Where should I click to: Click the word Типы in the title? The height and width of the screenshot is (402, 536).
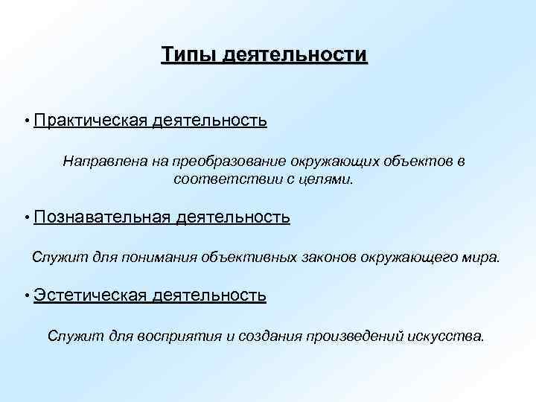click(x=183, y=55)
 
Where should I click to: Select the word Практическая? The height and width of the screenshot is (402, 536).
click(x=80, y=120)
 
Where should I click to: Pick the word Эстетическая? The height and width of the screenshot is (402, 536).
click(x=89, y=296)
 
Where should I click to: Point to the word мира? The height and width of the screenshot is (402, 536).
click(x=483, y=258)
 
